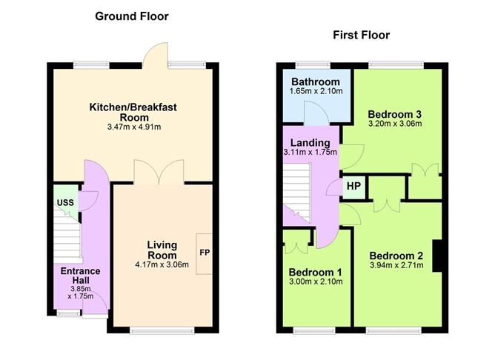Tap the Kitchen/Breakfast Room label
pyautogui.click(x=133, y=113)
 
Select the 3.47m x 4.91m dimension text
pyautogui.click(x=133, y=127)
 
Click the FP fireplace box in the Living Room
pyautogui.click(x=204, y=253)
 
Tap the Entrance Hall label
pyautogui.click(x=81, y=276)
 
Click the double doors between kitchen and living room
pyautogui.click(x=159, y=172)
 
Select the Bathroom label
pyautogui.click(x=315, y=81)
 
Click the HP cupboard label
pyautogui.click(x=352, y=186)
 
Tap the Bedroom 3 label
pyautogui.click(x=395, y=114)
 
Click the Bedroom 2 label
pyautogui.click(x=396, y=256)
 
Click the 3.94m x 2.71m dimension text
pyautogui.click(x=396, y=265)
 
